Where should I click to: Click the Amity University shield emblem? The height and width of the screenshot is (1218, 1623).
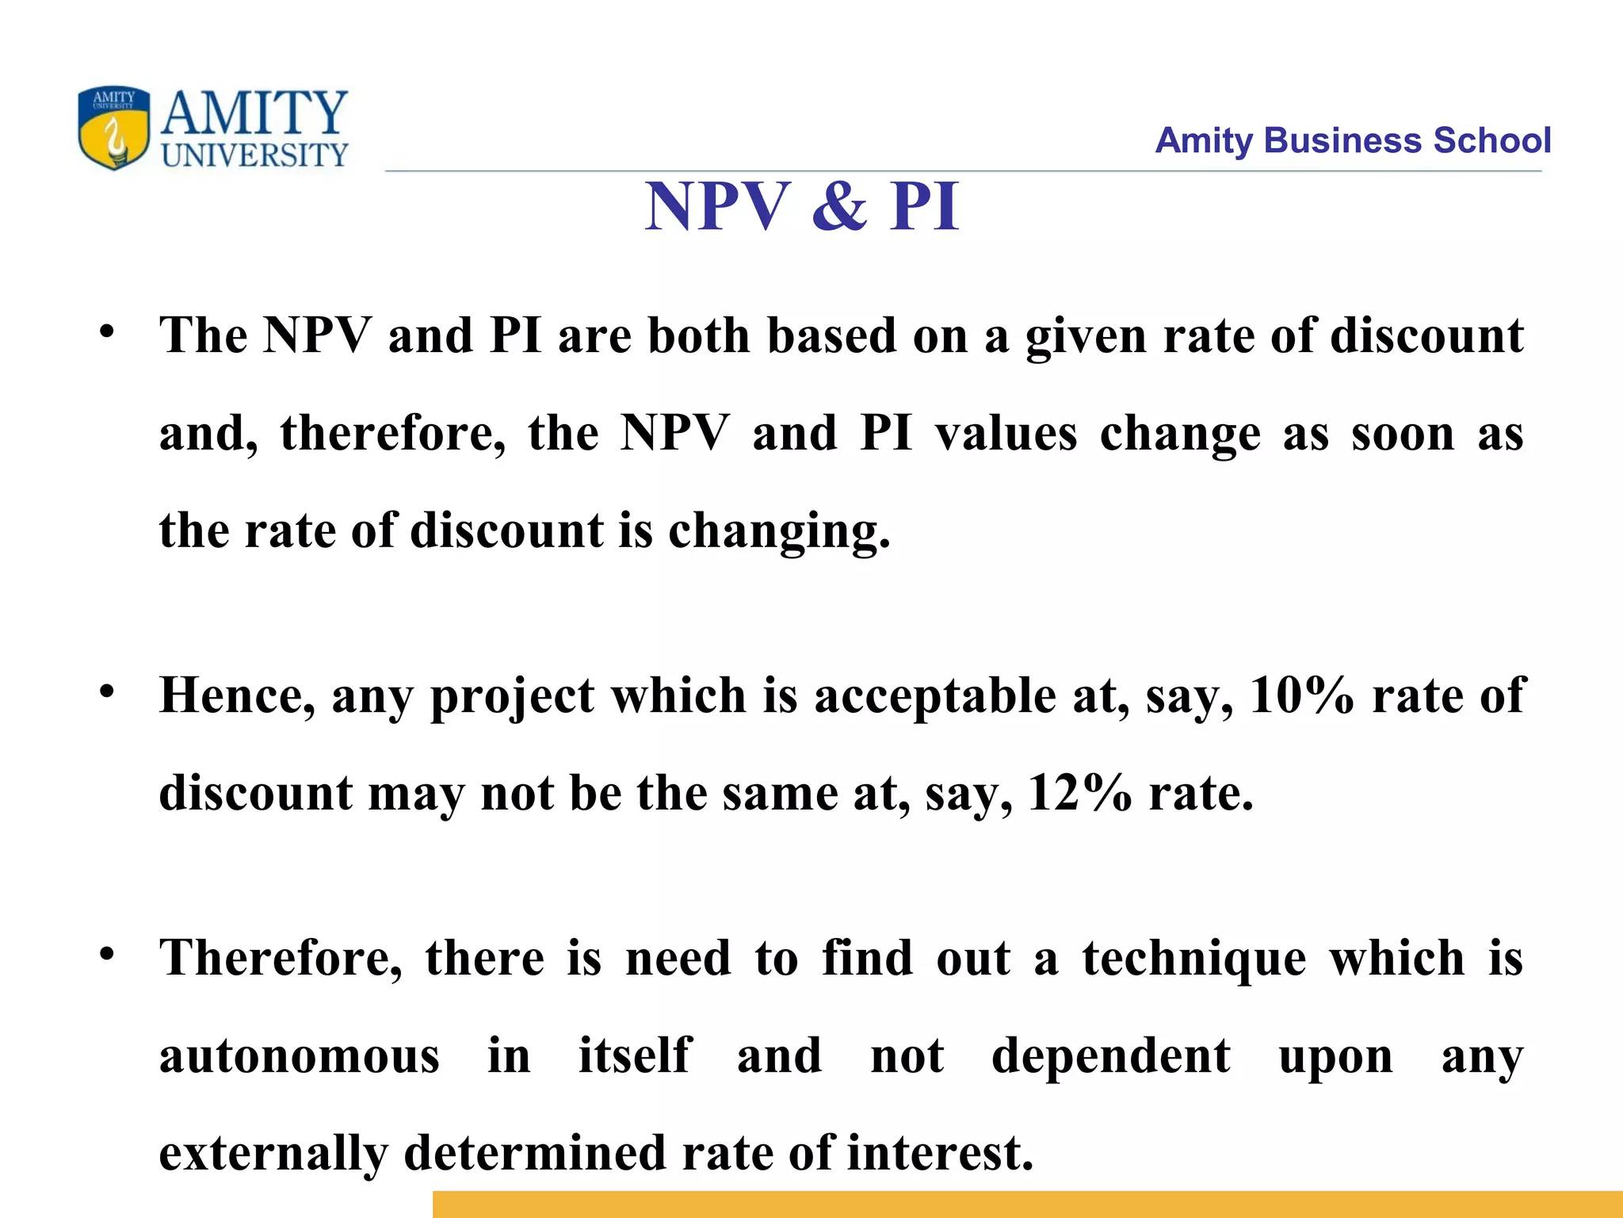point(113,127)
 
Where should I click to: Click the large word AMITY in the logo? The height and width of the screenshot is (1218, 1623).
point(254,113)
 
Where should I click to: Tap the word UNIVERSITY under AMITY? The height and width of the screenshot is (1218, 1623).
point(254,155)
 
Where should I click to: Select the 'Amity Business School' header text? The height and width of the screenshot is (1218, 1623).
point(1352,140)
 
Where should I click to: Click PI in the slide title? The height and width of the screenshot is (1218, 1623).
point(924,206)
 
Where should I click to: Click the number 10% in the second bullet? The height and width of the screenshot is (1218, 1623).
point(1300,696)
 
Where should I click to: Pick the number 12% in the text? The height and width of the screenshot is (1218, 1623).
point(1079,793)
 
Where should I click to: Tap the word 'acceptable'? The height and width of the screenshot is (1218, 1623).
point(934,696)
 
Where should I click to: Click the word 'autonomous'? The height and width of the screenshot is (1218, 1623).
point(299,1056)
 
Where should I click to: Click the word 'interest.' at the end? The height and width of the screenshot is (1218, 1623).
point(940,1152)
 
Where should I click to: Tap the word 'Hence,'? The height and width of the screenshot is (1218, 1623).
point(236,696)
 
